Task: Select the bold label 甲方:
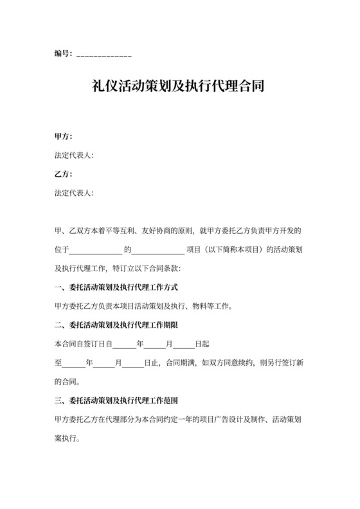click(64, 136)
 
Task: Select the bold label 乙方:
click(64, 174)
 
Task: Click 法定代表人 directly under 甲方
click(74, 155)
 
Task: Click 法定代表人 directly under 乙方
click(74, 192)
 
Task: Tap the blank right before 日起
click(183, 344)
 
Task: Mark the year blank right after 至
click(75, 362)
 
